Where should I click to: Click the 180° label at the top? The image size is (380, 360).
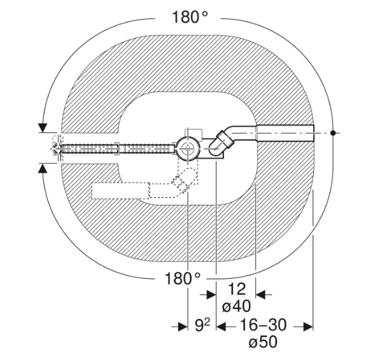[190, 18]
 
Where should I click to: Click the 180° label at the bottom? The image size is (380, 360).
[183, 278]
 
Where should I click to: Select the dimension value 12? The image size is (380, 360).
[237, 289]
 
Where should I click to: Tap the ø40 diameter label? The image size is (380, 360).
[237, 306]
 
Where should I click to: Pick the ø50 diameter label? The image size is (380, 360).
[263, 342]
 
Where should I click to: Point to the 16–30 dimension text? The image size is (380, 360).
[263, 325]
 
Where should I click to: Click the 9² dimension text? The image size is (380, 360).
[202, 325]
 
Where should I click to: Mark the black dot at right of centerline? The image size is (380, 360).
[333, 133]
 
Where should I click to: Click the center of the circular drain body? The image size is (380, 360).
[188, 149]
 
